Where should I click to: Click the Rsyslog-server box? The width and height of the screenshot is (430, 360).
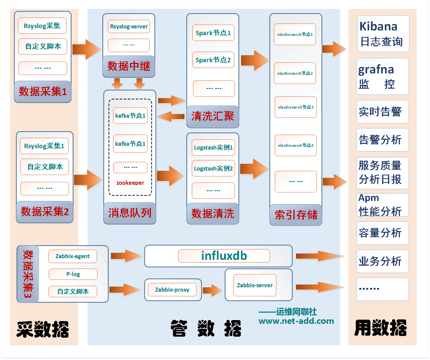pyautogui.click(x=129, y=26)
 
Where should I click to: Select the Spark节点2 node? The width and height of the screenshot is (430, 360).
pyautogui.click(x=213, y=60)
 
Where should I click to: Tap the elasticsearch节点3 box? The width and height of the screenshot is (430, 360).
pyautogui.click(x=296, y=107)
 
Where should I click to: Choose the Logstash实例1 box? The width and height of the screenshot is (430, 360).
pyautogui.click(x=213, y=148)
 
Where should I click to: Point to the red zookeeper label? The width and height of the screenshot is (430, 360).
pyautogui.click(x=130, y=183)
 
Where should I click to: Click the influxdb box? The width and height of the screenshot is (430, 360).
pyautogui.click(x=224, y=256)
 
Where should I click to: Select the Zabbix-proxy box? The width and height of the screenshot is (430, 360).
pyautogui.click(x=172, y=290)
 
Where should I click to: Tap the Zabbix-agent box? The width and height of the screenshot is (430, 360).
pyautogui.click(x=72, y=256)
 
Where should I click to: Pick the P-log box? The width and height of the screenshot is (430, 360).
pyautogui.click(x=73, y=274)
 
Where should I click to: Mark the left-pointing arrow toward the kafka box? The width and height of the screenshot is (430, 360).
pyautogui.click(x=171, y=117)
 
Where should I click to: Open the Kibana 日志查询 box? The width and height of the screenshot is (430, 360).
pyautogui.click(x=383, y=34)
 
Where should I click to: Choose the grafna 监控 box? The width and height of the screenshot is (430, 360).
pyautogui.click(x=382, y=76)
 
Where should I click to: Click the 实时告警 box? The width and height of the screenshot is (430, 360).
pyautogui.click(x=382, y=112)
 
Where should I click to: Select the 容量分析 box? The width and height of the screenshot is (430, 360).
pyautogui.click(x=382, y=233)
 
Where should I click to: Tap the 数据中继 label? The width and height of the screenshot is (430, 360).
pyautogui.click(x=129, y=66)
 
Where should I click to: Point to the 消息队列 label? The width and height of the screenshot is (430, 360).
pyautogui.click(x=130, y=213)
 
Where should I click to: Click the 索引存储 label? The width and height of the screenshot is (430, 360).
pyautogui.click(x=296, y=215)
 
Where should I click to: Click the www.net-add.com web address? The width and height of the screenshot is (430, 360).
pyautogui.click(x=296, y=321)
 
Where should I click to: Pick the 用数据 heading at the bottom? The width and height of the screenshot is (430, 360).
pyautogui.click(x=381, y=328)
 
